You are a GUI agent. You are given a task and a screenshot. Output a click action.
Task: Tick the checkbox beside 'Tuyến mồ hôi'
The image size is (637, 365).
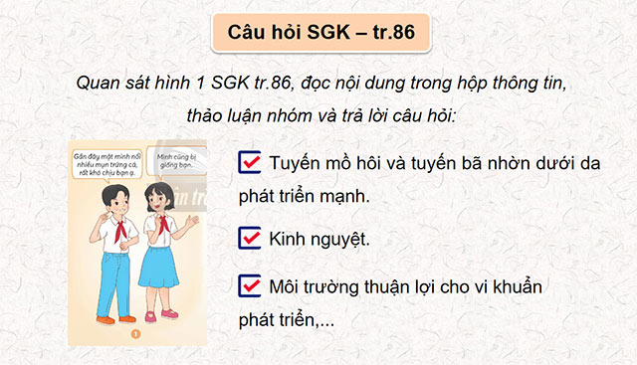pos(251,161)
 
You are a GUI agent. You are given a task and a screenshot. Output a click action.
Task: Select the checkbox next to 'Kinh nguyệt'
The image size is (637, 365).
pos(251,238)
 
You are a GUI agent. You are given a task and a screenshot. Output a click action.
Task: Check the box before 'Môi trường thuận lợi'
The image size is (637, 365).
pos(251,286)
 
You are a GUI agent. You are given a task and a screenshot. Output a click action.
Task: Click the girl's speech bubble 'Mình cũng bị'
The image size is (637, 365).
pos(177,162)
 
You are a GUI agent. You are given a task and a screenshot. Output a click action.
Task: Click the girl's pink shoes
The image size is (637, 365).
pos(159,316)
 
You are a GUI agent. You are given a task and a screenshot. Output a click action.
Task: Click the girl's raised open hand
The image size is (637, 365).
pos(194,221)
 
